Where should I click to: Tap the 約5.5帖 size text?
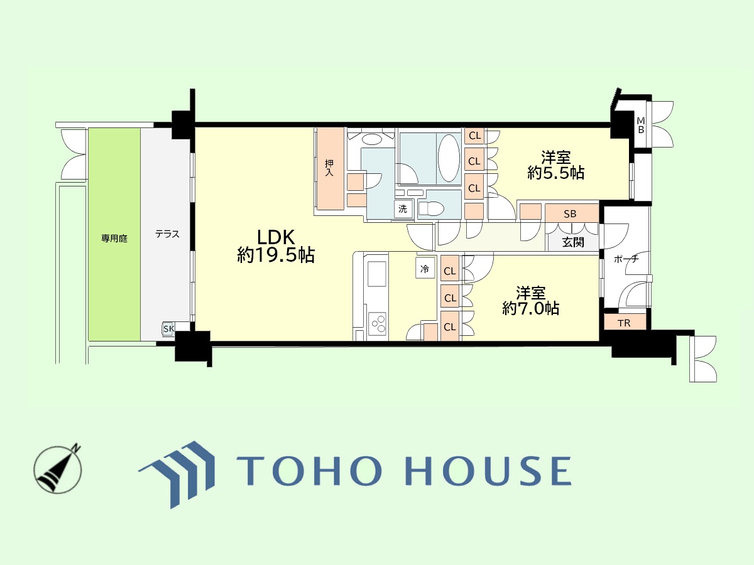click(x=556, y=173)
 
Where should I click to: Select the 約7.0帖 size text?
click(x=531, y=309)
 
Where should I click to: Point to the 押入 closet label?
click(x=329, y=168)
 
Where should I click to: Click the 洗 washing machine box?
click(x=402, y=209)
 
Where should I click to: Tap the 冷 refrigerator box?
click(x=424, y=269)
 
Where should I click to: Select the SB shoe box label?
click(x=570, y=213)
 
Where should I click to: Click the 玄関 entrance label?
click(x=572, y=242)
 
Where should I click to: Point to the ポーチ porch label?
click(x=626, y=259)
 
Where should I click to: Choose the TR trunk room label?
click(x=624, y=323)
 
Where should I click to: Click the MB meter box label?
click(x=641, y=125)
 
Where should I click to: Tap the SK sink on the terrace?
click(x=168, y=328)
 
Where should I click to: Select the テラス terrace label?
click(x=167, y=234)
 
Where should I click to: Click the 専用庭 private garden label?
click(x=114, y=239)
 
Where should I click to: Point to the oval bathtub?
click(x=449, y=158)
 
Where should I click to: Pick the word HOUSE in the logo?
click(x=484, y=471)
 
